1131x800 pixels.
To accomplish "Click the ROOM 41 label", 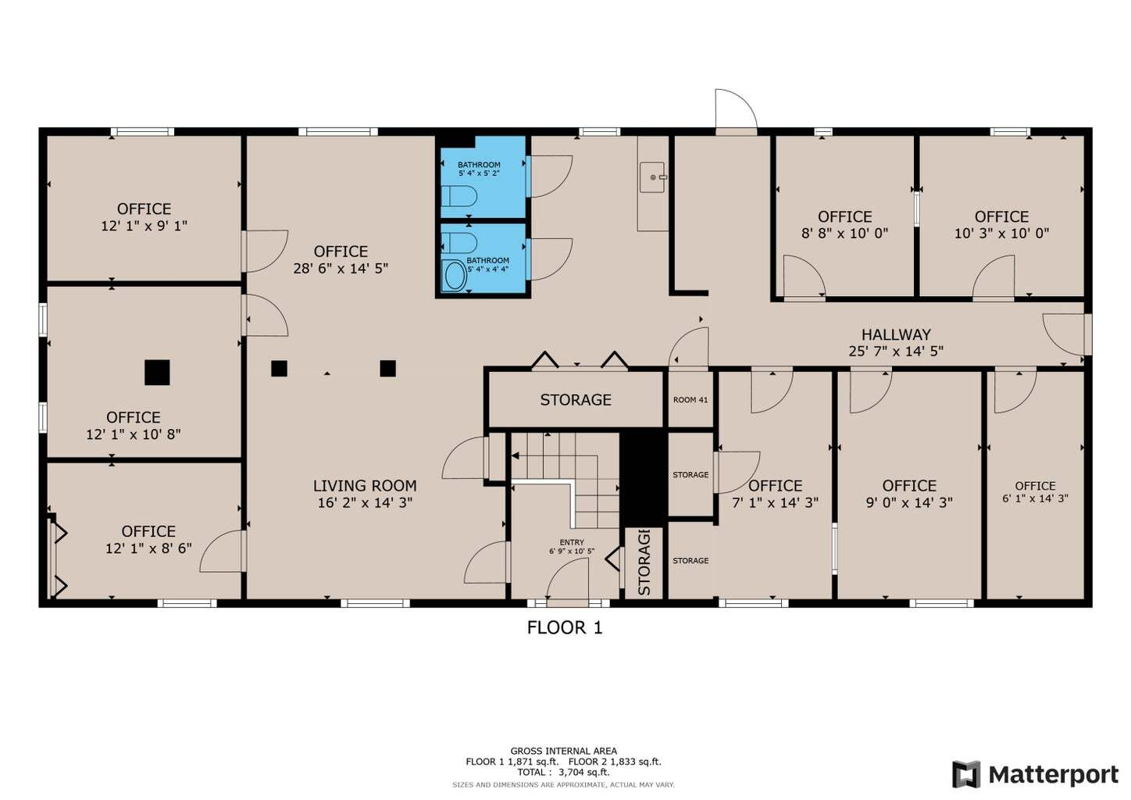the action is pos(690,400).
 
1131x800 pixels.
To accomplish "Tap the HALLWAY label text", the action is pos(896,334).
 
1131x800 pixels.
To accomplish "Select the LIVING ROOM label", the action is pos(365,486).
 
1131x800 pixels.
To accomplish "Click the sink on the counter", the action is pos(652,177).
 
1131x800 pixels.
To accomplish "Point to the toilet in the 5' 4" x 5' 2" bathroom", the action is pos(459,196).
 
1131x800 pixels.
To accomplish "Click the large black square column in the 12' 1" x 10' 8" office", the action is pos(157,372).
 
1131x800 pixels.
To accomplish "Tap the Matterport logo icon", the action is pos(966,775).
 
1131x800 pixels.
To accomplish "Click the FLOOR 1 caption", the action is pos(565,628).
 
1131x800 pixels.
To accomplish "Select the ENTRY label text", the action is pos(572,542).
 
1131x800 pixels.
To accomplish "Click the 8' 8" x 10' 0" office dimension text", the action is pos(844,234).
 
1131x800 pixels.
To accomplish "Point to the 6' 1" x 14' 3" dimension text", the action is pos(1035,498).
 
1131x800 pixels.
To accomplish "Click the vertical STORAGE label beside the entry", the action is pos(644,562).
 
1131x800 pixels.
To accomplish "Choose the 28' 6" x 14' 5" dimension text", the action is pos(341,268).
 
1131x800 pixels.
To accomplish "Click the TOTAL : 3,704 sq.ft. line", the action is pos(563,772).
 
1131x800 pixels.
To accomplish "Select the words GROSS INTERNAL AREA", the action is pos(563,751).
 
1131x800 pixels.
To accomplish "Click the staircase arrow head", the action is pos(516,456).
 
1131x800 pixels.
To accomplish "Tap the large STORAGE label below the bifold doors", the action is pos(576,400).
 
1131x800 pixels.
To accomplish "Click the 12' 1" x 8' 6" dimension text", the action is pos(148,548).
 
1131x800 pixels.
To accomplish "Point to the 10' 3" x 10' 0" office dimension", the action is pos(1002,234).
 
